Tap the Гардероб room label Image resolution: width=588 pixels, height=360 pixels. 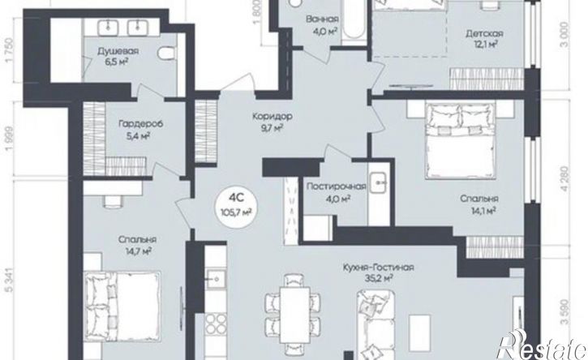click(140, 124)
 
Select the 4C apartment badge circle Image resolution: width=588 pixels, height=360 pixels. click(237, 205)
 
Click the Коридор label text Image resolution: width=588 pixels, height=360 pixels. click(273, 116)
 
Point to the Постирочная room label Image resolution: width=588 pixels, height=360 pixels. click(336, 186)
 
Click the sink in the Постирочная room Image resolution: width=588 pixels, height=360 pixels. click(380, 182)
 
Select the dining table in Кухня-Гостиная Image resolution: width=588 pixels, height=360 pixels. click(294, 315)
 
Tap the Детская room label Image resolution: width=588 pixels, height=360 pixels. click(484, 34)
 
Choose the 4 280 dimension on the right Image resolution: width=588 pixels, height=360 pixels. click(565, 179)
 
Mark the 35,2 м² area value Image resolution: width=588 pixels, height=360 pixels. click(379, 278)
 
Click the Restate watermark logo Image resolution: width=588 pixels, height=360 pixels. click(542, 345)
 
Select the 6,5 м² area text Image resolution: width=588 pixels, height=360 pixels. click(117, 61)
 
